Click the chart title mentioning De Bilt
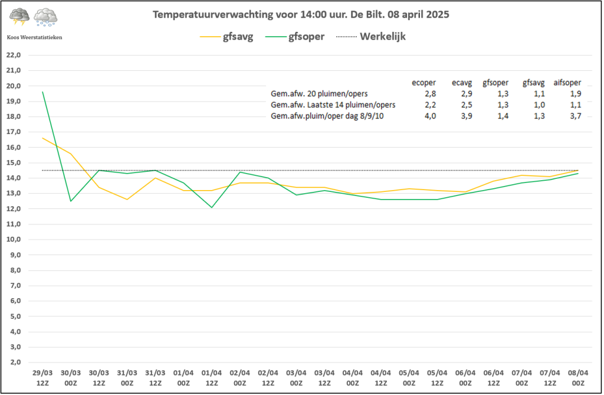click(x=301, y=15)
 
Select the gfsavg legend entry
click(x=226, y=37)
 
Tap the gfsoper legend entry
click(x=295, y=37)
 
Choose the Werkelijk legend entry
click(x=370, y=37)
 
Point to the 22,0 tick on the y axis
click(x=14, y=55)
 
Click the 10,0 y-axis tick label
click(x=14, y=240)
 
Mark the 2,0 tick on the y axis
click(x=15, y=362)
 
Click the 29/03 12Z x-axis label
click(x=42, y=378)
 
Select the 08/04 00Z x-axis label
click(x=578, y=378)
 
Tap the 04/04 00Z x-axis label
click(x=353, y=378)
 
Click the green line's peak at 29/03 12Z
click(x=42, y=92)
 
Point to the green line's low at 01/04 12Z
click(x=212, y=207)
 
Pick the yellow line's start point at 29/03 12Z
click(x=42, y=138)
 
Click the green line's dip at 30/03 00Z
click(x=71, y=201)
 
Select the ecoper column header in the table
click(x=424, y=83)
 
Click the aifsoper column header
click(x=567, y=83)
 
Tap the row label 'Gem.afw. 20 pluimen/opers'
click(x=319, y=94)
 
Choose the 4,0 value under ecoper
click(x=430, y=116)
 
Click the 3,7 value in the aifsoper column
click(x=576, y=116)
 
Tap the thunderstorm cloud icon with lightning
click(x=19, y=17)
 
